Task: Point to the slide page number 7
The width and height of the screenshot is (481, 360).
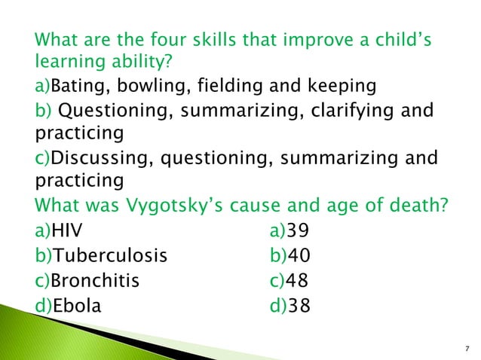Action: (467, 348)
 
